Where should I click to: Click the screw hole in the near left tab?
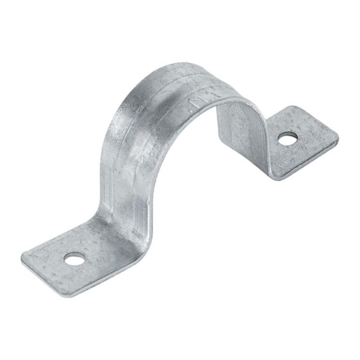coord(73,258)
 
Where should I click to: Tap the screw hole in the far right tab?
coord(286,139)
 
